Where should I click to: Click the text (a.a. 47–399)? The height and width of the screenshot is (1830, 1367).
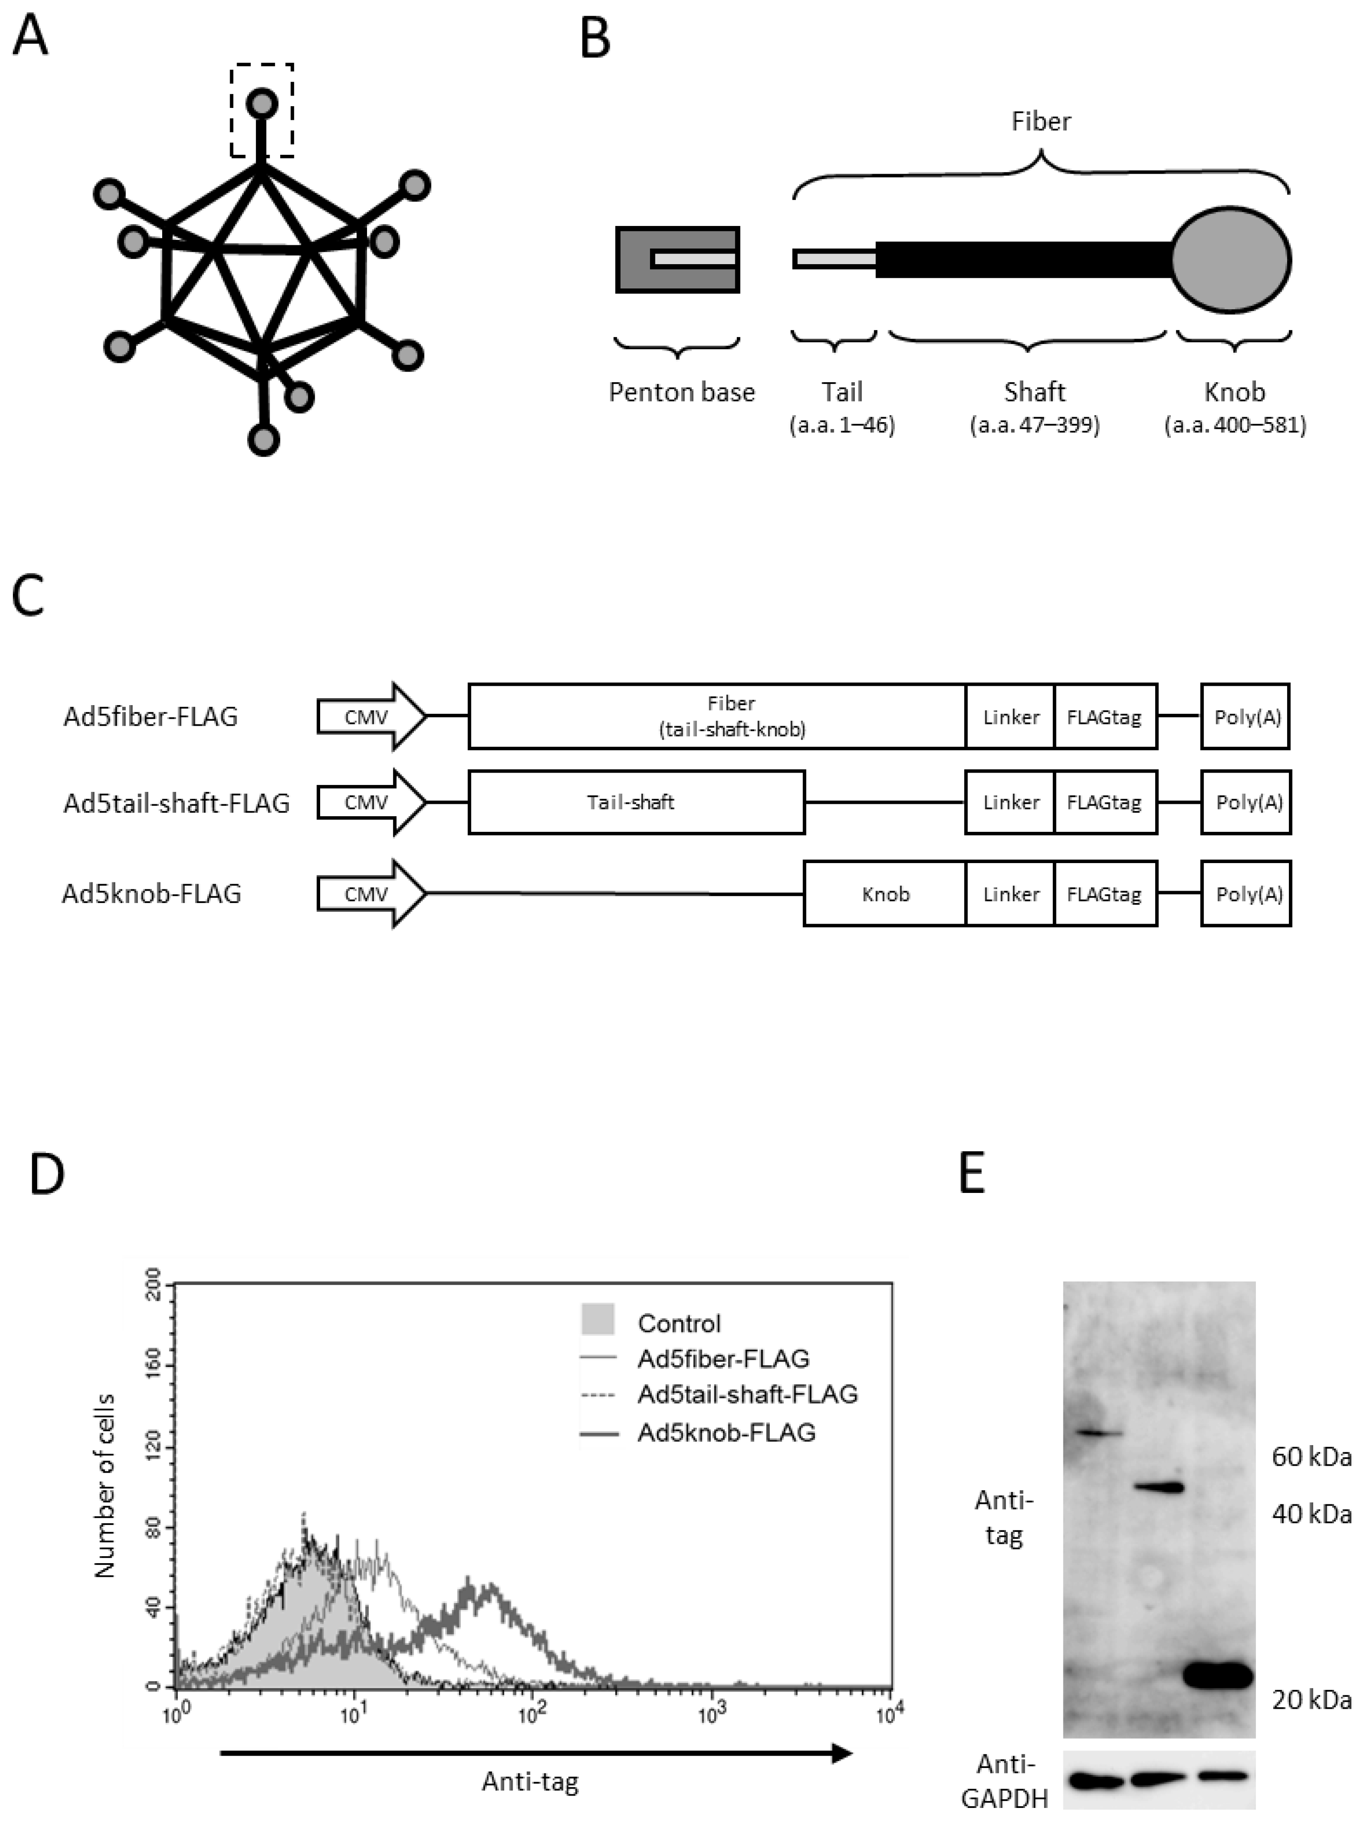[1034, 426]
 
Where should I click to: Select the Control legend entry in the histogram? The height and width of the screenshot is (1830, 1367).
[678, 1323]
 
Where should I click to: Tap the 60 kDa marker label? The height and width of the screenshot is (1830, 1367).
[1311, 1457]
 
